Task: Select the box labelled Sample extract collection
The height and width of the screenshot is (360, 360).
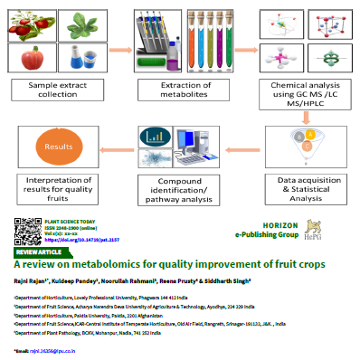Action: (52, 89)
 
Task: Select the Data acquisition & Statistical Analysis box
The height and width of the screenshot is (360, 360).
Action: (306, 191)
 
